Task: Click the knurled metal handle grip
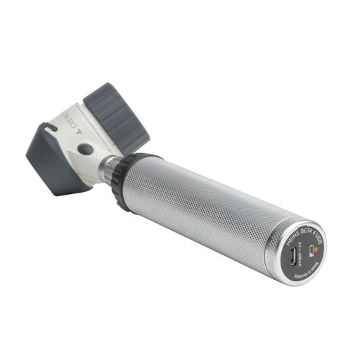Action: (211, 204)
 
